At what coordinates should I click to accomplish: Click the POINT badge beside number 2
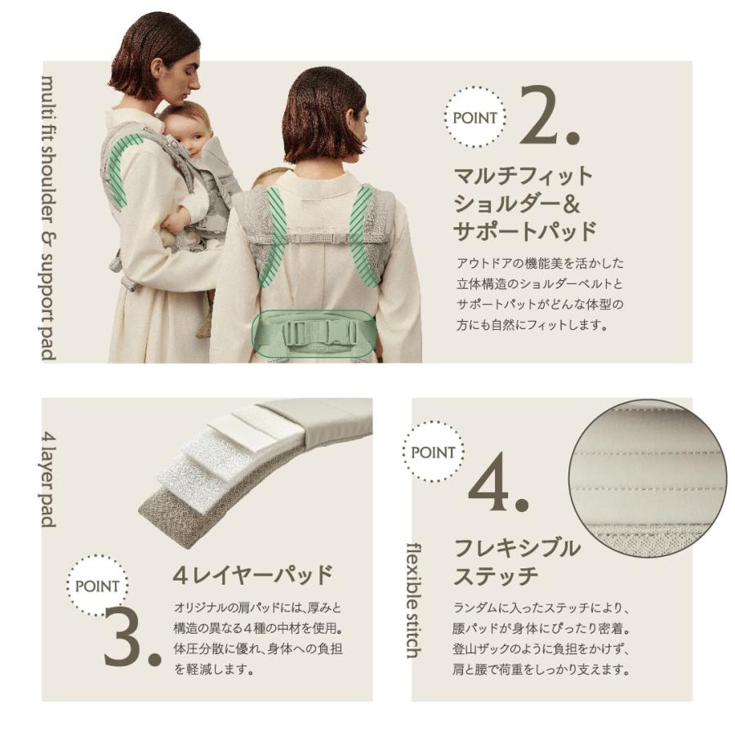pyautogui.click(x=474, y=118)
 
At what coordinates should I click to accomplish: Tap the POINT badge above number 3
pyautogui.click(x=97, y=586)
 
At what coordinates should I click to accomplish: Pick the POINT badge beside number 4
pyautogui.click(x=434, y=452)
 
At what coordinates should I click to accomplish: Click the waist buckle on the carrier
pyautogui.click(x=314, y=332)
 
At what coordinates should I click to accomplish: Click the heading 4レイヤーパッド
pyautogui.click(x=252, y=574)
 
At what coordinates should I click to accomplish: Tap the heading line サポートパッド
pyautogui.click(x=525, y=230)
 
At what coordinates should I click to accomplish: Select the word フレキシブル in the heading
pyautogui.click(x=516, y=547)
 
